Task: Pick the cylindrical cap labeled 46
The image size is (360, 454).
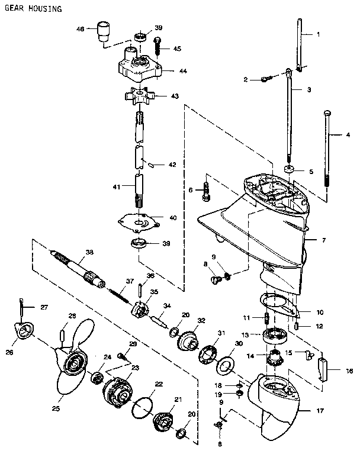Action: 104,29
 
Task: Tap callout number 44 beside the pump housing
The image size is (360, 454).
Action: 184,70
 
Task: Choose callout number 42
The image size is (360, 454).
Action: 172,165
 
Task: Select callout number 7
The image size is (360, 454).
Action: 323,241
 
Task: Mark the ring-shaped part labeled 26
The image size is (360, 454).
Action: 23,333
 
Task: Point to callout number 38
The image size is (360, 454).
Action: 89,252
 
